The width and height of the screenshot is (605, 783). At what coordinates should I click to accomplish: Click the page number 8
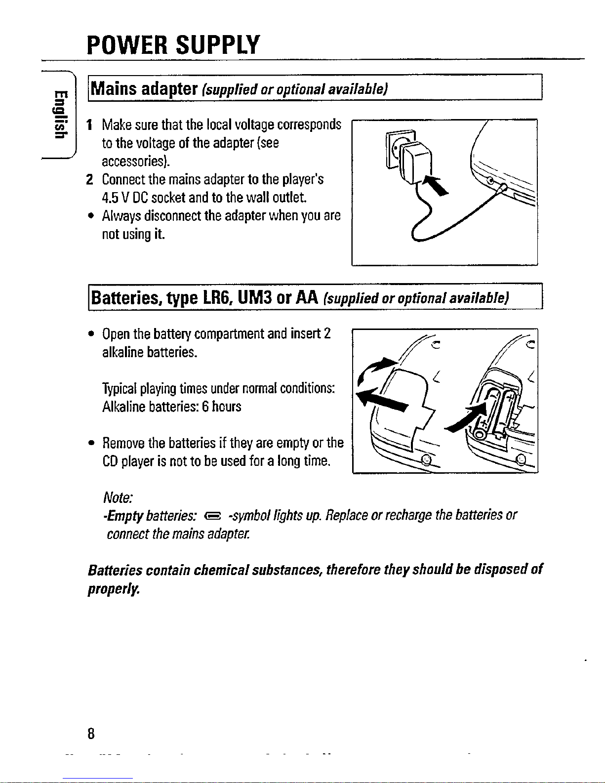click(90, 733)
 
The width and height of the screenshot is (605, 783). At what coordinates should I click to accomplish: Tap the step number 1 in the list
click(89, 124)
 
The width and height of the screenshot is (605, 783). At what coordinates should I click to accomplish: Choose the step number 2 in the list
click(89, 179)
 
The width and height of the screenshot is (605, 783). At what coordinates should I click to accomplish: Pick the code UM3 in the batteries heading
click(255, 297)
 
